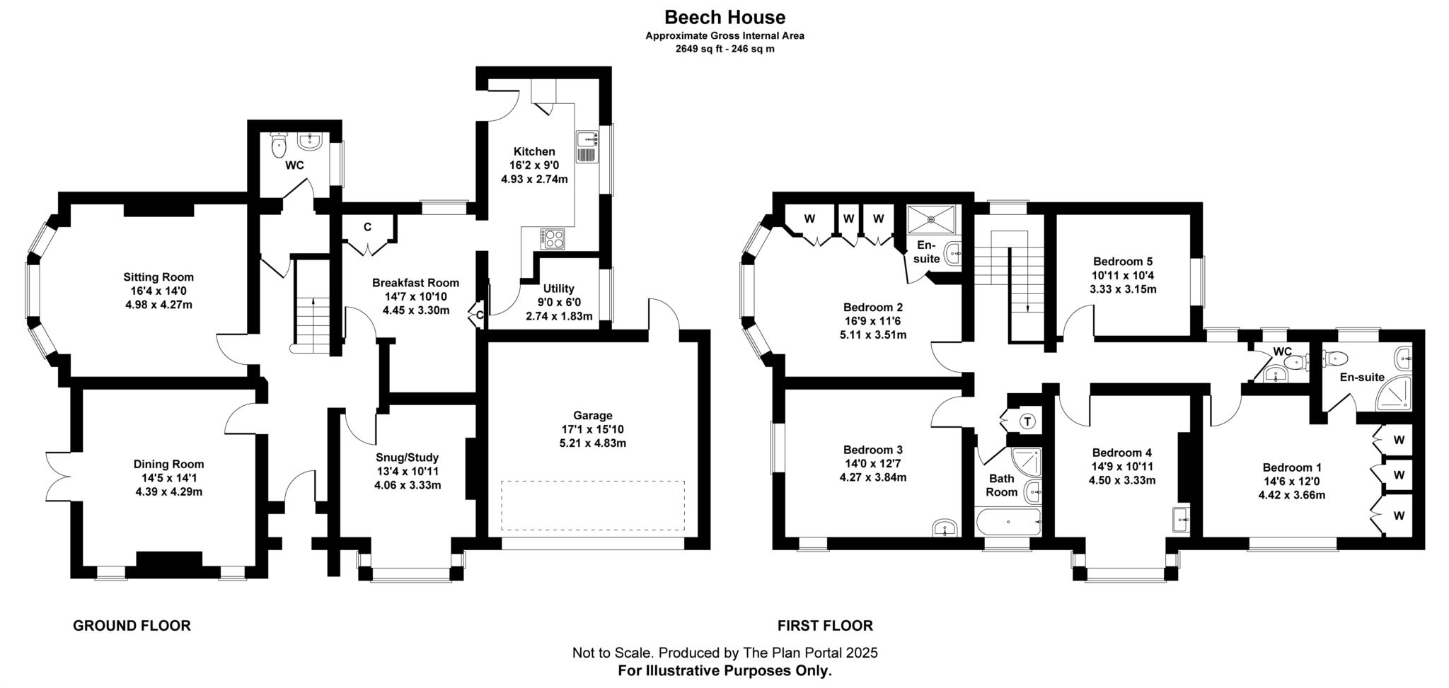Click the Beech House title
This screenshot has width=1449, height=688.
tap(724, 16)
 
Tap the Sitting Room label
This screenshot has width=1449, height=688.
tap(158, 277)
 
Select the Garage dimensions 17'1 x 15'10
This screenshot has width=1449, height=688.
tap(592, 429)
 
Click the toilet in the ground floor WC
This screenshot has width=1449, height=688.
tap(279, 147)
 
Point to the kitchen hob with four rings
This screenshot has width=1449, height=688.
tap(553, 238)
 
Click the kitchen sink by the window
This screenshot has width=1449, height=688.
tap(587, 146)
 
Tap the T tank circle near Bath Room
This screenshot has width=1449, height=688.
tap(1027, 422)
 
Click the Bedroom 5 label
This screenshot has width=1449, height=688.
tap(1122, 261)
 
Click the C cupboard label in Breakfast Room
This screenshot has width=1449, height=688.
tap(367, 227)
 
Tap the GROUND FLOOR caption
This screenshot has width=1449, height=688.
tap(132, 626)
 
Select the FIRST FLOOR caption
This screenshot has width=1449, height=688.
tap(825, 626)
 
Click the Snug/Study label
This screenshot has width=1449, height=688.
tap(407, 457)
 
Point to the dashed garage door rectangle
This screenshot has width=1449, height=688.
tap(593, 506)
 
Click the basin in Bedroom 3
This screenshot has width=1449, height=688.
tap(945, 527)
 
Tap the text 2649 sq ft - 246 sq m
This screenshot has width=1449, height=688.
tap(724, 49)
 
